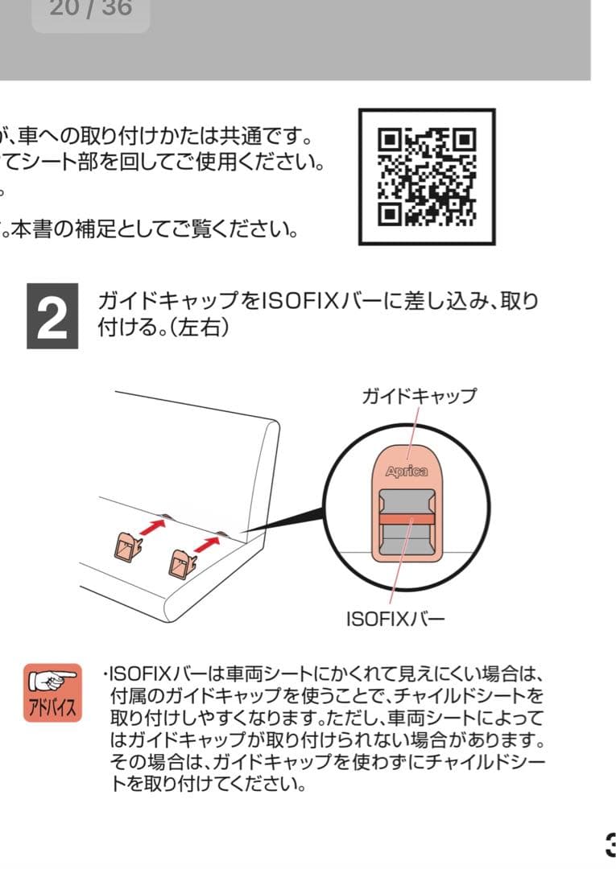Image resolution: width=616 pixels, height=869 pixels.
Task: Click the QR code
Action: pos(427,176)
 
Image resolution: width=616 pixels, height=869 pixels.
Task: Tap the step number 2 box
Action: pos(52,315)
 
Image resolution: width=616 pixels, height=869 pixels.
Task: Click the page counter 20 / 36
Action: pos(90,10)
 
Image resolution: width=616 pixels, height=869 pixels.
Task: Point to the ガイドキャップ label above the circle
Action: pos(419,396)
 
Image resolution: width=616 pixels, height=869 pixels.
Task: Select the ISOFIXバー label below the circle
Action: pos(395,620)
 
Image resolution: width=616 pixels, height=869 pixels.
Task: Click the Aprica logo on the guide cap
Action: pos(406,472)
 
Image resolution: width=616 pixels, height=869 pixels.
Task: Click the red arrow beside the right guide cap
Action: pos(207,545)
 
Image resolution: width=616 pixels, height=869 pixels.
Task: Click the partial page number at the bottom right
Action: pos(610,843)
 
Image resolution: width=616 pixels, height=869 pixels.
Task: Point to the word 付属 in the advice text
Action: pos(127,695)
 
